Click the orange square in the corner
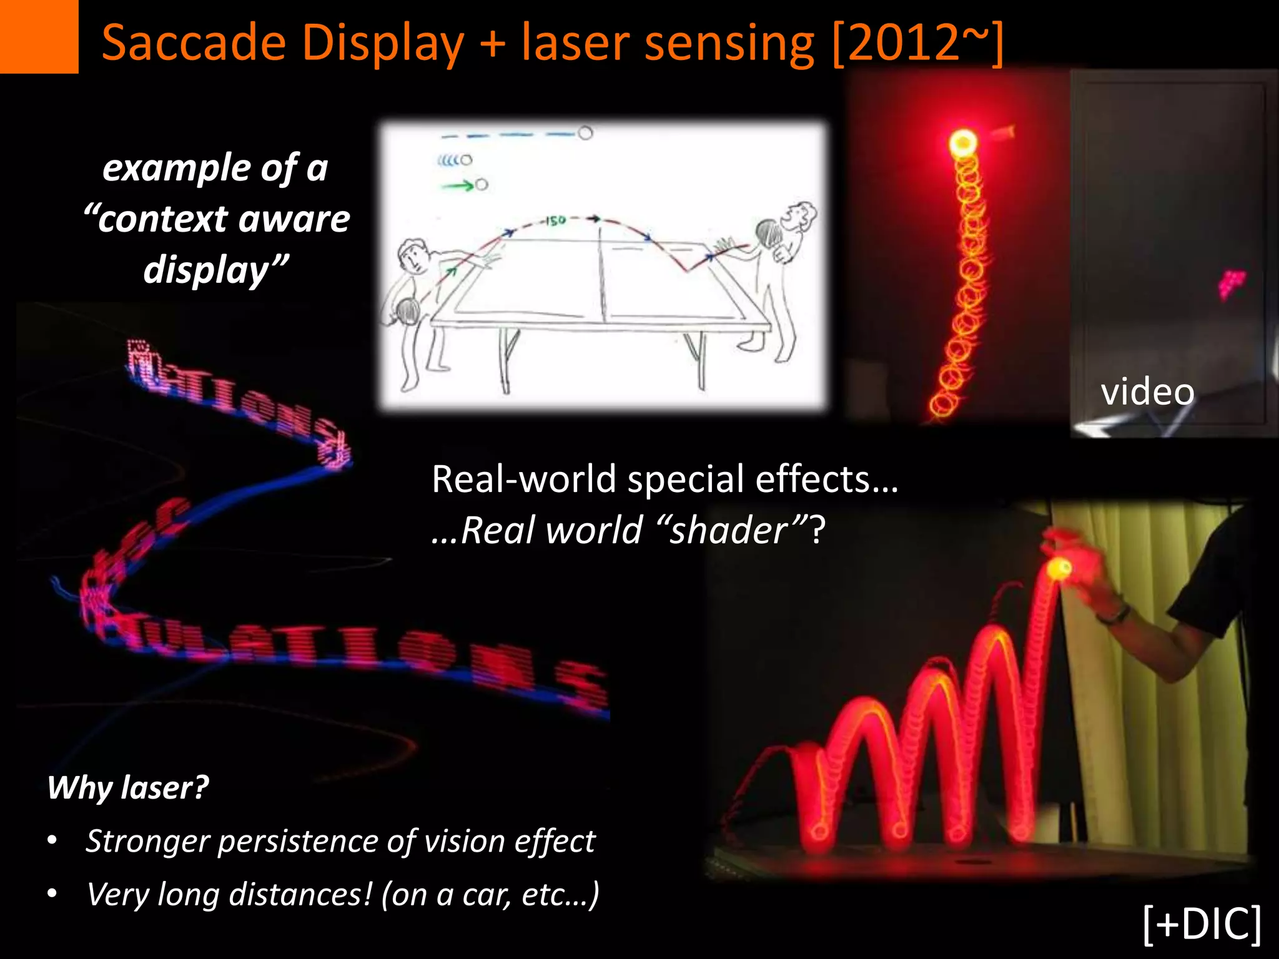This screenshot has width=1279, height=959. pyautogui.click(x=39, y=36)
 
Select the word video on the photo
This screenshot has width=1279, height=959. pyautogui.click(x=1147, y=392)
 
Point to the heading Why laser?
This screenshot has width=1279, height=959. pyautogui.click(x=128, y=787)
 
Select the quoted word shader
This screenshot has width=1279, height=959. pyautogui.click(x=729, y=531)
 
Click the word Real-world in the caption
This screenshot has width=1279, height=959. pyautogui.click(x=524, y=479)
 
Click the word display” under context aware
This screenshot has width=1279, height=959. pyautogui.click(x=215, y=270)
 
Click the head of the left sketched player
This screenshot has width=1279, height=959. pyautogui.click(x=413, y=255)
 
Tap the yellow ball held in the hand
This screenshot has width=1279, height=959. pyautogui.click(x=1059, y=568)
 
